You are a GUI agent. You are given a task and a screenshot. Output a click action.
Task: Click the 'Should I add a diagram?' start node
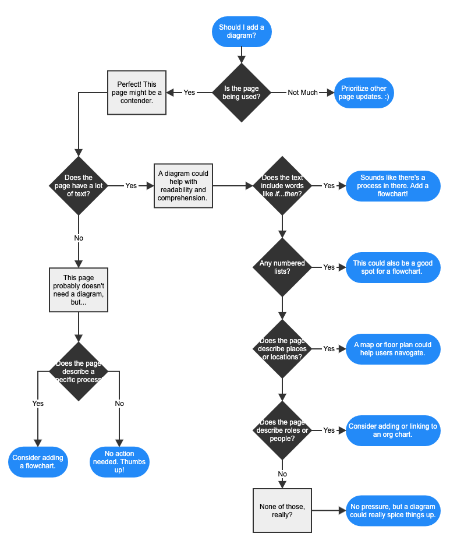pos(241,31)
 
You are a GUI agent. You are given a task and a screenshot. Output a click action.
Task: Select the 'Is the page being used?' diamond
pos(241,93)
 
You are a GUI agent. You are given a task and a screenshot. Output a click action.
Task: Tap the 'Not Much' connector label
pos(303,93)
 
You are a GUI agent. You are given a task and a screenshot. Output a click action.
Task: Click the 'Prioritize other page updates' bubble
pos(364,93)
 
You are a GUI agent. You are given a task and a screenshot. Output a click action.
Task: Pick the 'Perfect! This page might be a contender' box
pos(136,93)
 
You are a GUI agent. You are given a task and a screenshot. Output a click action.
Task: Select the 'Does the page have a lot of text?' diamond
pos(79,185)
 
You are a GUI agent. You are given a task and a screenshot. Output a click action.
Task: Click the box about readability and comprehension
pos(183,185)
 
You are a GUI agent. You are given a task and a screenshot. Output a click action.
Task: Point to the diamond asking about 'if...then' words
pos(282,185)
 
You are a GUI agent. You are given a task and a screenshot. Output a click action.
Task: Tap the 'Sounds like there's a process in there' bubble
pos(393,185)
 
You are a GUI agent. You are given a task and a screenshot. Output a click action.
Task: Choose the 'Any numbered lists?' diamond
pos(282,267)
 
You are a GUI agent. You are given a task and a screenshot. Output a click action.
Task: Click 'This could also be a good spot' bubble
pos(393,267)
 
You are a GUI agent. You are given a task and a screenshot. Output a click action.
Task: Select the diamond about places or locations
pos(282,348)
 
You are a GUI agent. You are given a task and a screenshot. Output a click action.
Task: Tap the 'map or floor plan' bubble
pos(393,348)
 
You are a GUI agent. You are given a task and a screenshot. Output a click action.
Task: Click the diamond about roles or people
pos(282,430)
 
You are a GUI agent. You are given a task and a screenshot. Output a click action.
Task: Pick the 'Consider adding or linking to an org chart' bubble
pos(393,430)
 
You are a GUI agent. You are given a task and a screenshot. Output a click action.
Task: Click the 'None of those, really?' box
pos(282,510)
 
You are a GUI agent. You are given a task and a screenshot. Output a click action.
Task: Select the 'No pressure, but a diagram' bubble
pos(393,510)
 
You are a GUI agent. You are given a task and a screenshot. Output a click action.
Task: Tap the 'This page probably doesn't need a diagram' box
pos(79,289)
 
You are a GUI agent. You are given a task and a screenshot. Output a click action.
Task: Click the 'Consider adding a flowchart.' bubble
pos(38,462)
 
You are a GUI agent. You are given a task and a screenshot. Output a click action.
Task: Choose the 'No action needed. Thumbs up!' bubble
pos(119,462)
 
